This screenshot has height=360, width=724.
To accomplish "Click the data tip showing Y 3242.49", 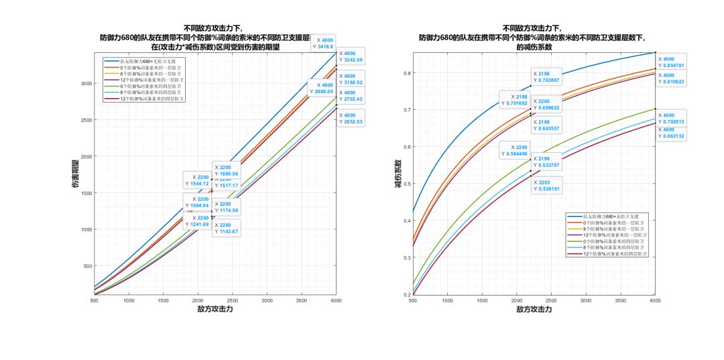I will pos(351,56).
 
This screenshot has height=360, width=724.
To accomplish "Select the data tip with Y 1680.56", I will pos(226,170).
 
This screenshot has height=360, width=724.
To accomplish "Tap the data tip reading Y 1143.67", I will pos(226,227).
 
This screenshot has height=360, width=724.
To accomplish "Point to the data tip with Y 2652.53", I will pos(351,118).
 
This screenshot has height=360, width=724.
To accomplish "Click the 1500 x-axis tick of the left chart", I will pos(163,301).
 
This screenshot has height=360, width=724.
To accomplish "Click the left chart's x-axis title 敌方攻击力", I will pos(215,310).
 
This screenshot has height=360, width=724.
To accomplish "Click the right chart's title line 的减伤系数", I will pos(534,48).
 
